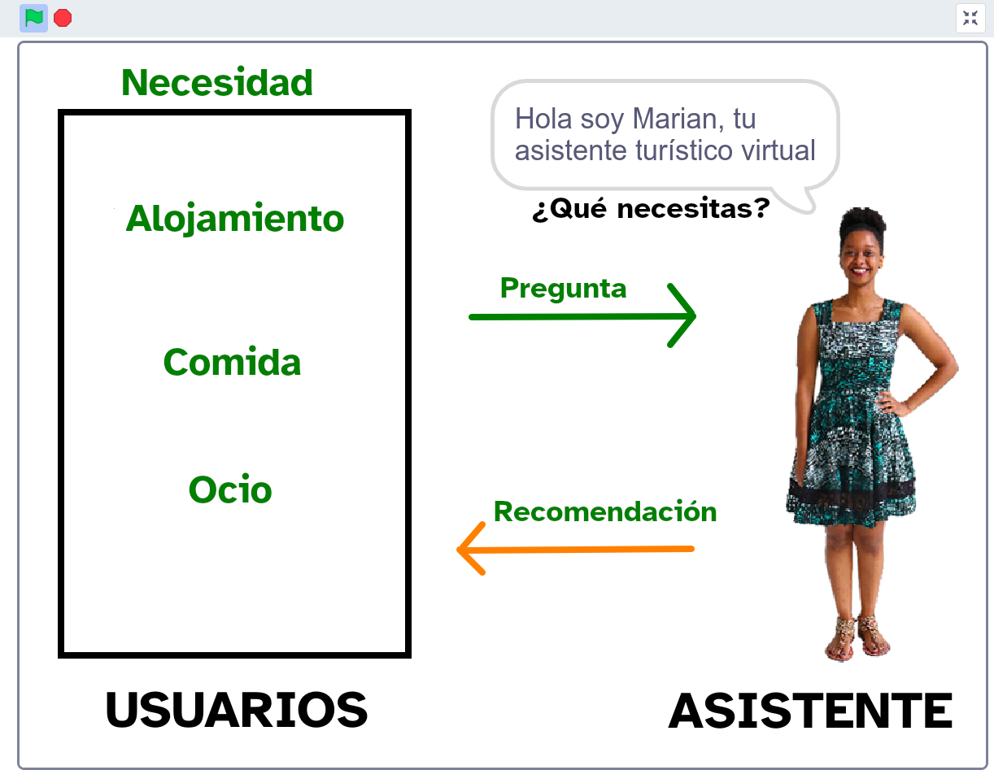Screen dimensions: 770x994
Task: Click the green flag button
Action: (x=33, y=18)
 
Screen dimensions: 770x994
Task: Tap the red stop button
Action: (x=63, y=18)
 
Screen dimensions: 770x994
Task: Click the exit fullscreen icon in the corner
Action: (x=970, y=18)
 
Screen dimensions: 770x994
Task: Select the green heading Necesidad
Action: (x=217, y=83)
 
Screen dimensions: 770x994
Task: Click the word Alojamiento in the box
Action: (x=234, y=219)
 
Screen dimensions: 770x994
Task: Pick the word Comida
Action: (x=232, y=363)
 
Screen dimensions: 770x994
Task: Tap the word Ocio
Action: (x=230, y=490)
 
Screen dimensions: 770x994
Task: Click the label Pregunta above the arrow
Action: (x=563, y=288)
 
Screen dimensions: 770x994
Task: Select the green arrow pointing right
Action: (x=582, y=316)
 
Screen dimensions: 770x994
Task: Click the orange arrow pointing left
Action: (x=575, y=550)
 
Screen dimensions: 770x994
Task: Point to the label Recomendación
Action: (x=605, y=511)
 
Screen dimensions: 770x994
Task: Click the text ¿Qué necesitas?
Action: (x=651, y=210)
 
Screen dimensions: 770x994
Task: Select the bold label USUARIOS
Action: (x=237, y=710)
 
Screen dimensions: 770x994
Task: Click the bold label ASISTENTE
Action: (x=810, y=711)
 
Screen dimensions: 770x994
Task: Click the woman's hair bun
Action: (x=862, y=219)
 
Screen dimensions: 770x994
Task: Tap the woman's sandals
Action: (x=856, y=638)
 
